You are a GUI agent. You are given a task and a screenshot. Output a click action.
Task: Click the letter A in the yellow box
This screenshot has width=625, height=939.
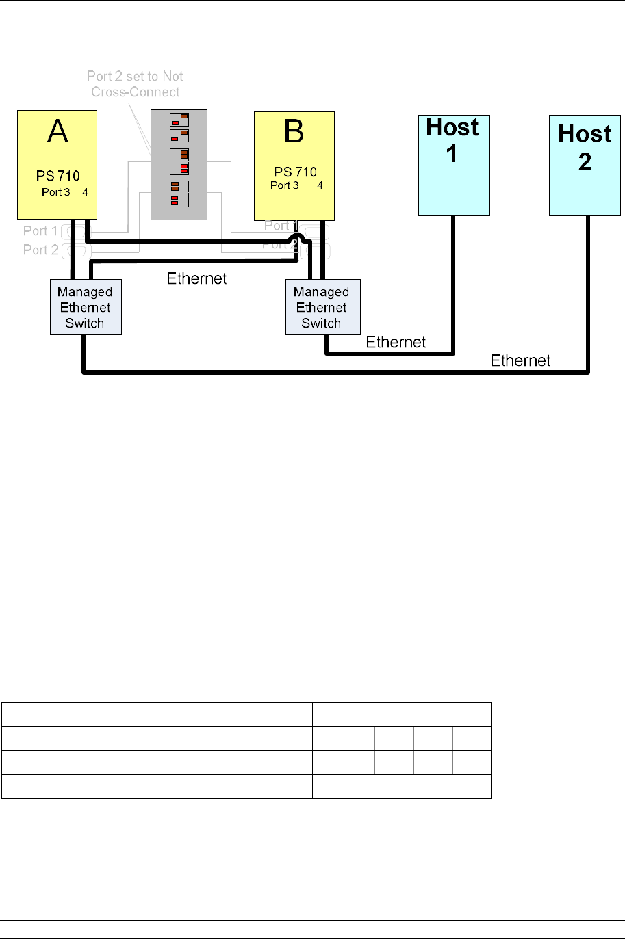click(58, 131)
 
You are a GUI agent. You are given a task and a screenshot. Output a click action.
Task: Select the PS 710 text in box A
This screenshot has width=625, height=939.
click(58, 176)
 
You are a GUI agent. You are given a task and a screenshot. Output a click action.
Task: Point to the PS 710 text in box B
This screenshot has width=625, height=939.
click(295, 172)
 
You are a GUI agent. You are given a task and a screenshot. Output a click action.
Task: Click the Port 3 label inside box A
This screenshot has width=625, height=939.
click(55, 192)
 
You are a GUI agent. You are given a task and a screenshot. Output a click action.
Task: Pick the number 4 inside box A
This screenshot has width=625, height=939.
click(86, 192)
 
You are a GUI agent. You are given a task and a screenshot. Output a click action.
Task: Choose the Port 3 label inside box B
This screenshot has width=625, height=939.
click(284, 185)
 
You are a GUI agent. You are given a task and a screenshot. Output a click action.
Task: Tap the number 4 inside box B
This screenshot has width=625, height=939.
click(320, 185)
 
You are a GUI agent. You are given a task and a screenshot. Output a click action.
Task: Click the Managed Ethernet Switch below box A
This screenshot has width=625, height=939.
click(86, 307)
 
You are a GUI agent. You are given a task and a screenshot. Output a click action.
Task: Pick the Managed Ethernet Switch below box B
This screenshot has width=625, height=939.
click(322, 307)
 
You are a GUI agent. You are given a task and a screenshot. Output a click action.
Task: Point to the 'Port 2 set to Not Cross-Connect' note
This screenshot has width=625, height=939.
click(135, 84)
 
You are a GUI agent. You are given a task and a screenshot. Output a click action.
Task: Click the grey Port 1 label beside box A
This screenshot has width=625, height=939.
click(40, 231)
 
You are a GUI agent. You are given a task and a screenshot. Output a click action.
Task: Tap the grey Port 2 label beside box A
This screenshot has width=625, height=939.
click(40, 250)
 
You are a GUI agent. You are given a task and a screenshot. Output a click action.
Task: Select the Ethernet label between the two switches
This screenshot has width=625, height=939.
click(196, 278)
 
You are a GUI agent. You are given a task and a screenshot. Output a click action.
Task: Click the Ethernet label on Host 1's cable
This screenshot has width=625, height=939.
click(396, 342)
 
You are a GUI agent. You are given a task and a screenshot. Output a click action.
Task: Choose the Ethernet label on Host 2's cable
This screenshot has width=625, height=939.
click(520, 360)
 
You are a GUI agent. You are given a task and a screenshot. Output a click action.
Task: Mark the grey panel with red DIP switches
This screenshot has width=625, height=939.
click(179, 165)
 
